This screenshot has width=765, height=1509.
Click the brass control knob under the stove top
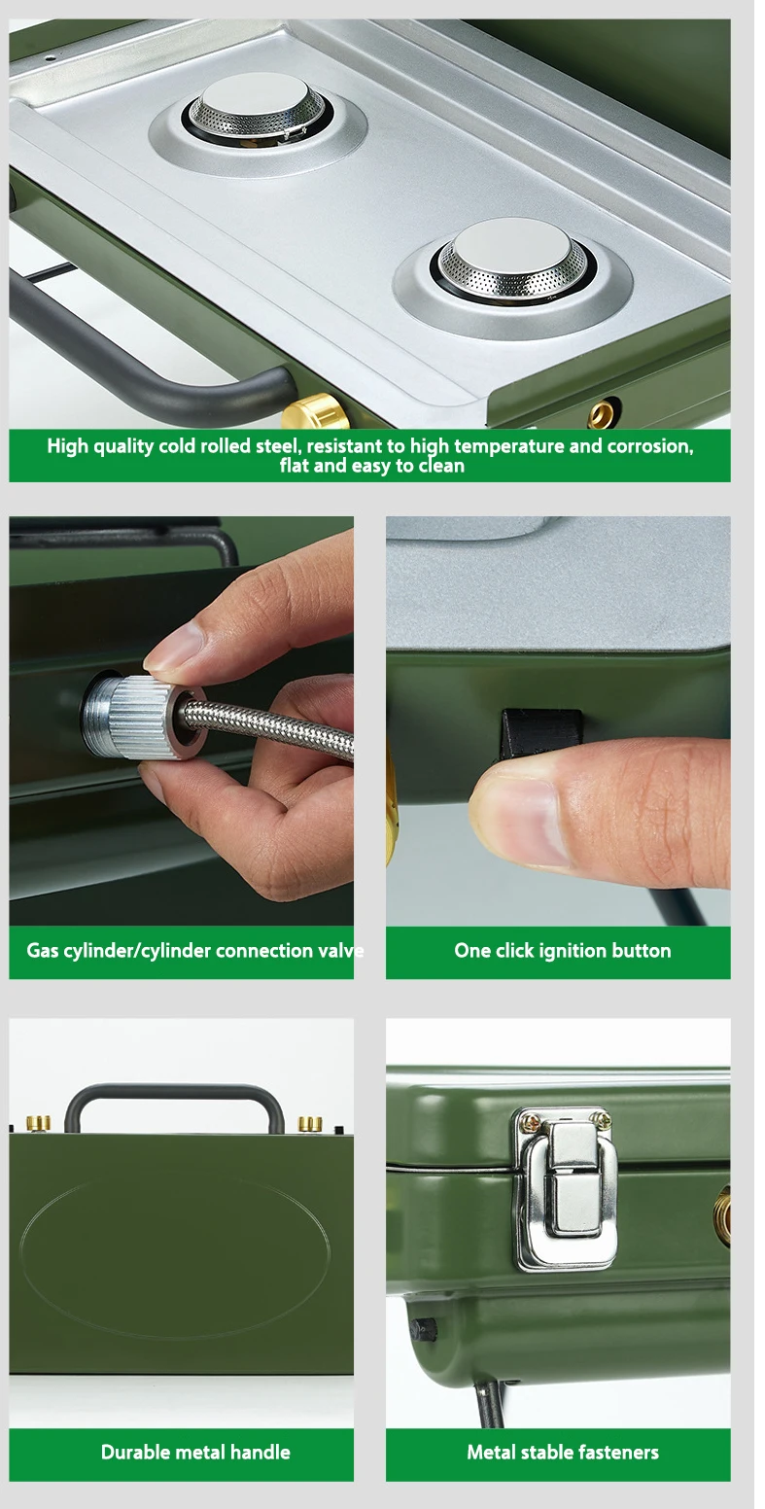pos(315,412)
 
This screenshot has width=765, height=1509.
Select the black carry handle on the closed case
pos(174,1105)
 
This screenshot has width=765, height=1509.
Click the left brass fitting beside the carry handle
pos(38,1123)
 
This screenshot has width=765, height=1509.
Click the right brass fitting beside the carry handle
pos(310,1123)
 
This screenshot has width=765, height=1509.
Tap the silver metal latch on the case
pos(565,1188)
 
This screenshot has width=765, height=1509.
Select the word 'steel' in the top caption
pos(275,446)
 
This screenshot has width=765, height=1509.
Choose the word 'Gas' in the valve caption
pos(43,951)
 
